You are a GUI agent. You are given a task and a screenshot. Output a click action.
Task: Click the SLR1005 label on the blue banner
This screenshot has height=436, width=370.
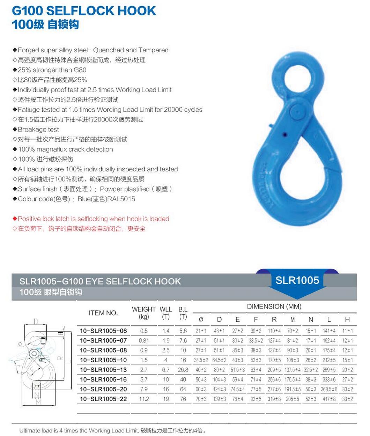297,280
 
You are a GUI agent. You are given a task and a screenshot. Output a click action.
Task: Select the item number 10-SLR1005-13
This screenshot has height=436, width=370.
103,370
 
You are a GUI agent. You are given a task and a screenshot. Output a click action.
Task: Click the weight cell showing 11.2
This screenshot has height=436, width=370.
144,399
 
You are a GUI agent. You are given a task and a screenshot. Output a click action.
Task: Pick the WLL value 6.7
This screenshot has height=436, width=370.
166,370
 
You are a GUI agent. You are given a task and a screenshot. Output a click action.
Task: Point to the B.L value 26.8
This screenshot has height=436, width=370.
183,370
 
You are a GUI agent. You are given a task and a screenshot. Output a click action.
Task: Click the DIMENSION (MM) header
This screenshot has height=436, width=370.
274,306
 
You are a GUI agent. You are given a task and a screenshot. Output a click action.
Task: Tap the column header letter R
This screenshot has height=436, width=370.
274,319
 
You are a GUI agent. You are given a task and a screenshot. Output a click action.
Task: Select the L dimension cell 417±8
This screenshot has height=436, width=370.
329,399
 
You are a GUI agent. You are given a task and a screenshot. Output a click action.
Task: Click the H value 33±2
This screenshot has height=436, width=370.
347,399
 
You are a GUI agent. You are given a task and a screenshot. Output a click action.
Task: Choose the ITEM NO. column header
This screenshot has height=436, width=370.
103,313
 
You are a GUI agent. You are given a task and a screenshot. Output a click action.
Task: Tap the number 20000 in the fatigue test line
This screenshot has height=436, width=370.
173,110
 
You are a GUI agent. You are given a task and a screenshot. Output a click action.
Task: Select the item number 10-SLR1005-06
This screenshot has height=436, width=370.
103,331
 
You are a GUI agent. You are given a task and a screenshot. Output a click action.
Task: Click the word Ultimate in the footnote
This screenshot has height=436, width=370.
30,430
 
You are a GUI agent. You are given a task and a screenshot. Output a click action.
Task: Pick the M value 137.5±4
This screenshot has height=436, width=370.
293,370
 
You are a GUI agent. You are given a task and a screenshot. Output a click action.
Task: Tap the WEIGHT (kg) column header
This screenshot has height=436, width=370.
143,313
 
